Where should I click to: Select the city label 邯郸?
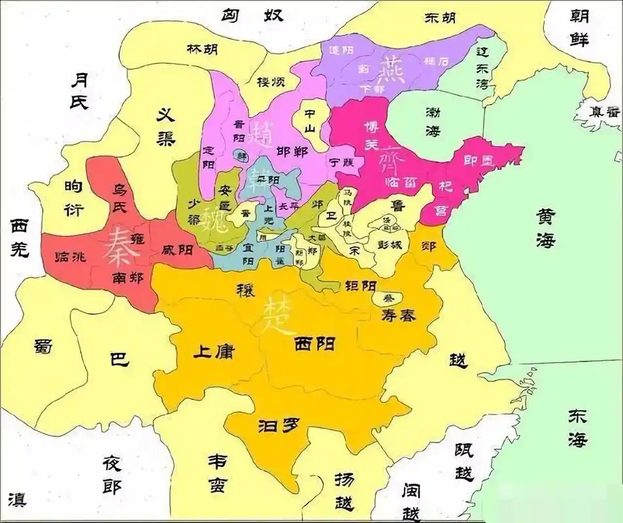click(x=292, y=150)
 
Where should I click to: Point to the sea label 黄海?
click(x=545, y=228)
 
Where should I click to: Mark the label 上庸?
click(x=214, y=351)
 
